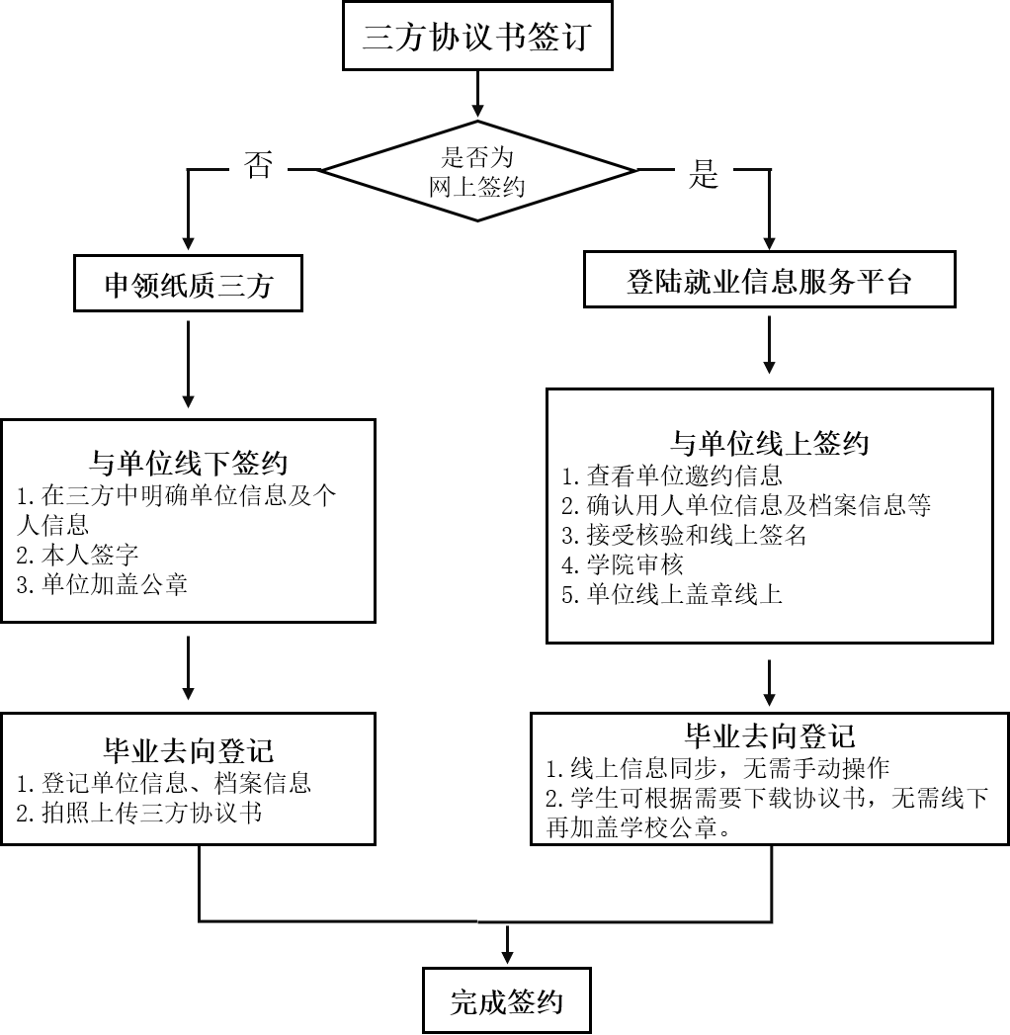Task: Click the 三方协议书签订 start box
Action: [476, 38]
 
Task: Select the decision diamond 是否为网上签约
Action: [477, 171]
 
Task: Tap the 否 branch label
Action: [259, 163]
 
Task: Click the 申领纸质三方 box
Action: [188, 286]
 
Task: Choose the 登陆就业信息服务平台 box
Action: [769, 282]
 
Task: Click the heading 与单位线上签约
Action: [769, 442]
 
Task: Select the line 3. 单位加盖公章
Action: [102, 584]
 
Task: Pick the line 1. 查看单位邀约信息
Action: [672, 476]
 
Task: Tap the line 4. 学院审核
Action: [623, 565]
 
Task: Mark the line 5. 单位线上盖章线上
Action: [672, 595]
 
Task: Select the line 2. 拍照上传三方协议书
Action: [139, 814]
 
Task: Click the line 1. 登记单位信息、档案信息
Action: [164, 783]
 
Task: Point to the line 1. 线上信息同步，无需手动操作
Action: [718, 768]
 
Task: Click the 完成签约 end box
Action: [507, 1002]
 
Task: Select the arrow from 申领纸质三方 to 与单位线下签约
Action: [188, 366]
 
